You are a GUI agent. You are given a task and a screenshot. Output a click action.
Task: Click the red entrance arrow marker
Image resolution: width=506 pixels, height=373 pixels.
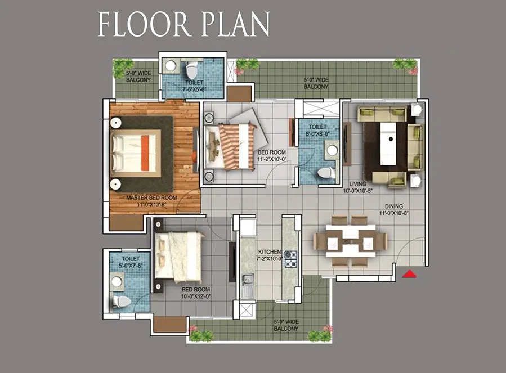click(409, 274)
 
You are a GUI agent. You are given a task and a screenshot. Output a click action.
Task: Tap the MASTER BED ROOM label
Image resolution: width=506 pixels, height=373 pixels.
click(151, 197)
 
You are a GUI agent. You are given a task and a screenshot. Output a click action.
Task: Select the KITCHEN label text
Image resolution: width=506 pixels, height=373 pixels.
click(270, 251)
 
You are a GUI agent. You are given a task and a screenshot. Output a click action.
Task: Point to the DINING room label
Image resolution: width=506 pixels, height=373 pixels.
click(393, 206)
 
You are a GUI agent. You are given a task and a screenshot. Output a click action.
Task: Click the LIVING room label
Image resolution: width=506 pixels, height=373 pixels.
click(357, 184)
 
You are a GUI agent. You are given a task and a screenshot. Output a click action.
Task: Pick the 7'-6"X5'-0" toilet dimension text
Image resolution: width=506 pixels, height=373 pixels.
click(194, 89)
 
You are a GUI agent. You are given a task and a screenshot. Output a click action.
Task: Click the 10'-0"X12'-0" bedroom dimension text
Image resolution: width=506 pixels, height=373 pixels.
click(196, 296)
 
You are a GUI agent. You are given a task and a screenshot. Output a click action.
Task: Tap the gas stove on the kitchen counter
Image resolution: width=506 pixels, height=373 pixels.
click(290, 259)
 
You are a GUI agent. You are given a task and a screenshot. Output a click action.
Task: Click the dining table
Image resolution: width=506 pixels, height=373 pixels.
click(351, 241)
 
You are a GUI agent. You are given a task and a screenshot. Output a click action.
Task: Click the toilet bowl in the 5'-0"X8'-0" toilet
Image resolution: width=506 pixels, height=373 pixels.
click(326, 173)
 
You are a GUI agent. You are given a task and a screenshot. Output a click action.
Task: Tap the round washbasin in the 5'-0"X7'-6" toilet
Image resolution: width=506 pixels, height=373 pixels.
click(117, 281)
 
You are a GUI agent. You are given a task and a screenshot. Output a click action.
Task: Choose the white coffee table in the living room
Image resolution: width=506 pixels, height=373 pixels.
click(389, 143)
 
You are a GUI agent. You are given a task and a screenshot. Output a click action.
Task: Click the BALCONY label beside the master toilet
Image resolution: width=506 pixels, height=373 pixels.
click(138, 80)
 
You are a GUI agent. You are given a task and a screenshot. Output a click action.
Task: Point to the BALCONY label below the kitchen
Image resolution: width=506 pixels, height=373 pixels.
click(286, 329)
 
